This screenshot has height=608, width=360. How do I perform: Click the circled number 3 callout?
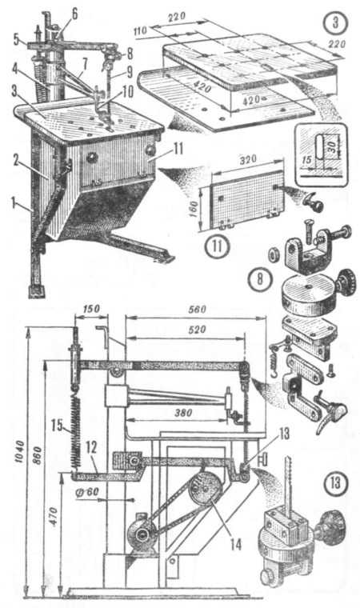point(335,22)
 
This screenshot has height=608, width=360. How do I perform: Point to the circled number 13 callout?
point(334,482)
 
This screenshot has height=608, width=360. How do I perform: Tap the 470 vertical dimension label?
point(54,516)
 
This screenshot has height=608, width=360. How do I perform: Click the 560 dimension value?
point(198,310)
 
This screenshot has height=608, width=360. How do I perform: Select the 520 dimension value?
point(197,330)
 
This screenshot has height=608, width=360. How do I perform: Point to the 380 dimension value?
point(182,413)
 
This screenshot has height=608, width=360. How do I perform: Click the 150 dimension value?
point(90,310)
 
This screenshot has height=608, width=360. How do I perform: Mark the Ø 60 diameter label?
point(88,493)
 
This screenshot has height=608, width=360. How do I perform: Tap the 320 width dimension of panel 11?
point(249,160)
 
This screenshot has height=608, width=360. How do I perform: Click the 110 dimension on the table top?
point(142,31)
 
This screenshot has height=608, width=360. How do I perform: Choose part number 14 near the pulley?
point(235,545)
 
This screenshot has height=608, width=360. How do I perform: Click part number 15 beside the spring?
point(57,425)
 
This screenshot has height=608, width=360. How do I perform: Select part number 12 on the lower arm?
point(90,448)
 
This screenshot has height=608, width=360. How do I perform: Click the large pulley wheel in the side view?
point(206,488)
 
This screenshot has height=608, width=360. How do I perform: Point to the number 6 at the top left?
point(74,14)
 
